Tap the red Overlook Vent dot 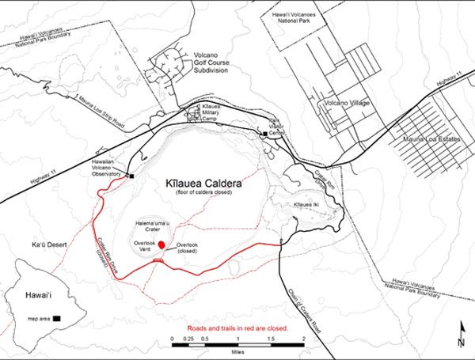pyautogui.click(x=161, y=244)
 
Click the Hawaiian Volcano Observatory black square pyautogui.click(x=132, y=176)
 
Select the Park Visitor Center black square pyautogui.click(x=264, y=135)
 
